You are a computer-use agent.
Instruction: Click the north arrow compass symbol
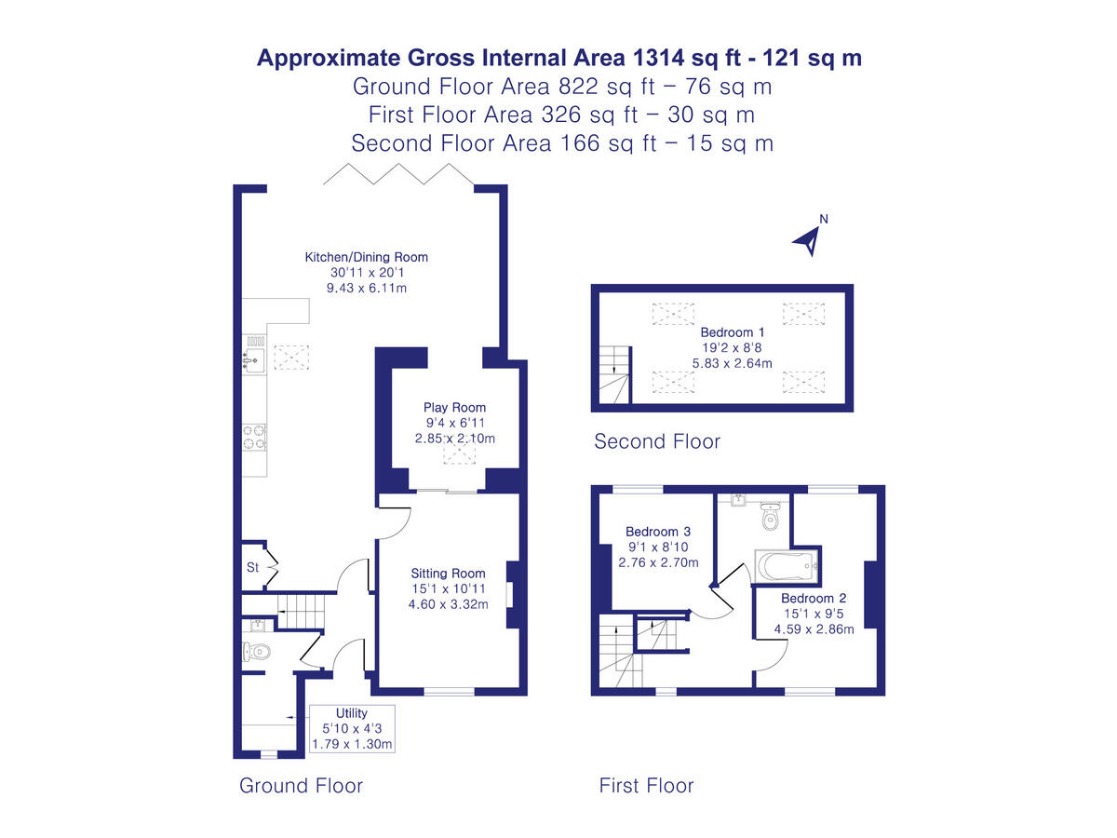809,238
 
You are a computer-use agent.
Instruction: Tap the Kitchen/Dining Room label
367,258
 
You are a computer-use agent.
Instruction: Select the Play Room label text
454,407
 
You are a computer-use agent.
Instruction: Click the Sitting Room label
448,574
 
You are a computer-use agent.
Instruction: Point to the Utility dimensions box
352,729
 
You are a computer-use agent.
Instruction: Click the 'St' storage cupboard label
252,567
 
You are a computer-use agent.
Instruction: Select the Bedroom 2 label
814,598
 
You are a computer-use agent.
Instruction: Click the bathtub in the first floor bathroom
787,565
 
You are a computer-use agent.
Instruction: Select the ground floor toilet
255,652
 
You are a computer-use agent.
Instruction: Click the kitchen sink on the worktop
254,358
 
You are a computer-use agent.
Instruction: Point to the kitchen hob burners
255,437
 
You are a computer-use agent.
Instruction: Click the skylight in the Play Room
457,454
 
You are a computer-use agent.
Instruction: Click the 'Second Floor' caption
657,441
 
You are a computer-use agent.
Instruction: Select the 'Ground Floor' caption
301,785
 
